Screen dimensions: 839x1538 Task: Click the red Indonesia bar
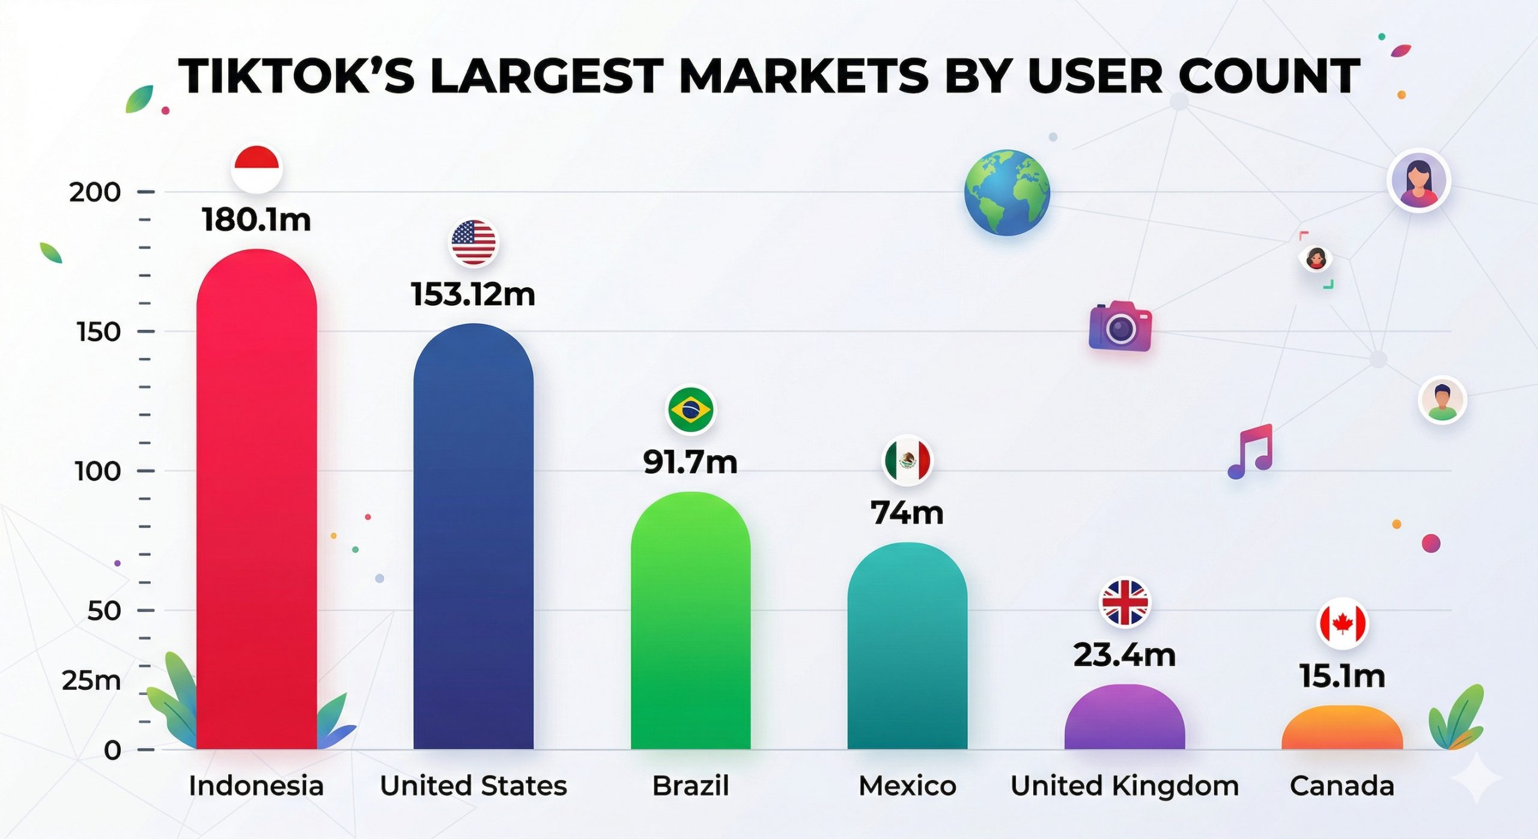pos(257,499)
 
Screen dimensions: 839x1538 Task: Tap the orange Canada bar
pos(1342,728)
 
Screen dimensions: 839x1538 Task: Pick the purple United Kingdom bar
pos(1125,718)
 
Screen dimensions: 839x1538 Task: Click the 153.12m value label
pos(473,294)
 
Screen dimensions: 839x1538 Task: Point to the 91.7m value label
pos(690,462)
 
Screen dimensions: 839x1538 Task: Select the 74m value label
pos(907,513)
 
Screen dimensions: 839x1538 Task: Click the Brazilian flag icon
pos(690,410)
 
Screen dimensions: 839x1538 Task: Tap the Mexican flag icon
pos(907,460)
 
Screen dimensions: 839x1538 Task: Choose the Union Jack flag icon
pos(1124,602)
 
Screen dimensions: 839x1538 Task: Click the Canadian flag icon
pos(1342,624)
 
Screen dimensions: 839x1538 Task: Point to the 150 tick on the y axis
pos(99,332)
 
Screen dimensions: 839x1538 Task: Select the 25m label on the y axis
pos(91,681)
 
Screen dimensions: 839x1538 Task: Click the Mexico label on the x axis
pos(907,786)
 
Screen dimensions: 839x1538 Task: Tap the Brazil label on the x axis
pos(690,786)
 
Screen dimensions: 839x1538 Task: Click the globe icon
pos(1007,192)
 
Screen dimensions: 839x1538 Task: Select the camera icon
pos(1120,326)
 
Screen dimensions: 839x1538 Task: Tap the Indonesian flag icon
pos(257,169)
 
